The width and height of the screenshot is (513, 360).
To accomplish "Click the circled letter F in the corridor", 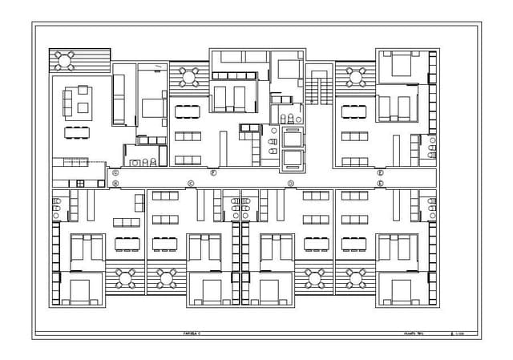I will tap(213, 172).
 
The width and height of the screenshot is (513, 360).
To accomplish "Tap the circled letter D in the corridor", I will tap(290, 184).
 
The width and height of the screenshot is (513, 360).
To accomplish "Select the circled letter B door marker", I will tap(115, 184).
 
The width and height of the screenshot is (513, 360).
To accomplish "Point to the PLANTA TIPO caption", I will tap(414, 332).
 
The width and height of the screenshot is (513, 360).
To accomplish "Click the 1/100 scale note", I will tap(458, 332).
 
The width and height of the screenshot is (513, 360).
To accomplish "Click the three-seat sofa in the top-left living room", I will tap(68, 103).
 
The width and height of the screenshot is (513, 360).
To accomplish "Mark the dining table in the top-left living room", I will tap(78, 130).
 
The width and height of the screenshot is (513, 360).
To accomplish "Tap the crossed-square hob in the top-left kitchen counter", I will tap(80, 184).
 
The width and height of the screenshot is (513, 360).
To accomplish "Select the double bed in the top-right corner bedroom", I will tap(397, 63).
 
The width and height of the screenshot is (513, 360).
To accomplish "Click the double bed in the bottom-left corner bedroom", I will tap(80, 289).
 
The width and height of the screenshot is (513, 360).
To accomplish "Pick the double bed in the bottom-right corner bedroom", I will tap(397, 289).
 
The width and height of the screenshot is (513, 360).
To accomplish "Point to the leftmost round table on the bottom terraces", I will tap(125, 278).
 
